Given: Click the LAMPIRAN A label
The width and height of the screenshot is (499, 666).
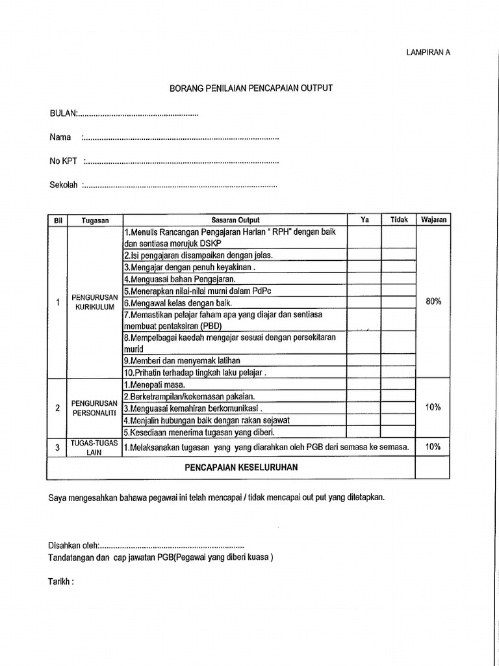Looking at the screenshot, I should (x=428, y=53).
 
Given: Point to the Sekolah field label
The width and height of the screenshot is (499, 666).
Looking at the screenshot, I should (x=64, y=185).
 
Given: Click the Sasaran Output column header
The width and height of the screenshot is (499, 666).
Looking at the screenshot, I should (x=235, y=220).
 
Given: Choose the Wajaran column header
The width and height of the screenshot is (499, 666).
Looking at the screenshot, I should (x=433, y=220).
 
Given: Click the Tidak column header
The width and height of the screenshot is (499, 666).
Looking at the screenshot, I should (x=399, y=220).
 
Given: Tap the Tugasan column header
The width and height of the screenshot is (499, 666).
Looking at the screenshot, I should (x=96, y=220).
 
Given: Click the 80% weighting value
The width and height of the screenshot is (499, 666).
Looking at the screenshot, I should (x=433, y=302).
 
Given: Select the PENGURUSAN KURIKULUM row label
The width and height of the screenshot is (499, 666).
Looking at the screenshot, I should (x=96, y=302).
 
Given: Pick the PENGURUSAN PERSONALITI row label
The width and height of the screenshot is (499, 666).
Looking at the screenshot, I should (x=96, y=408).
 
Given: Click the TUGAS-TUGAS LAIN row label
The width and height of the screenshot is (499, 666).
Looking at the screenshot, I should (x=96, y=447).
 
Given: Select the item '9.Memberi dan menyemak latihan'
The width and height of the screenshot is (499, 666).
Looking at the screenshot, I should (x=182, y=360).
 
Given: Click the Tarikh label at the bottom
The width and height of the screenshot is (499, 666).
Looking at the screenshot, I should (x=62, y=581).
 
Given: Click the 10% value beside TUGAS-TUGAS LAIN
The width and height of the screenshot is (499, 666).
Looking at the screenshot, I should (x=433, y=447).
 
